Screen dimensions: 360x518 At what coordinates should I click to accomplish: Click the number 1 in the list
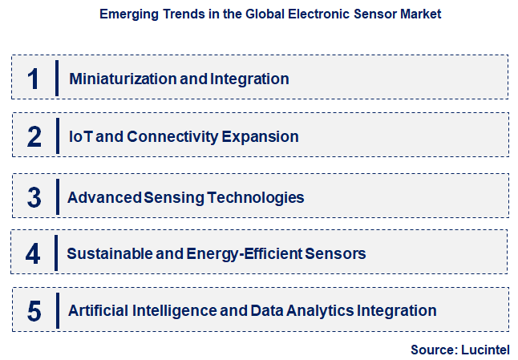(x=33, y=79)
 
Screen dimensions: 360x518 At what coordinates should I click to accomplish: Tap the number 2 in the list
(x=33, y=136)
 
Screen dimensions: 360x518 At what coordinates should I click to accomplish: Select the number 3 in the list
(x=33, y=197)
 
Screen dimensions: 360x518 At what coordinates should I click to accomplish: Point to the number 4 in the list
(x=33, y=254)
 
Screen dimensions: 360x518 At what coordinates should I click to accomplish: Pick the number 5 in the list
(x=33, y=311)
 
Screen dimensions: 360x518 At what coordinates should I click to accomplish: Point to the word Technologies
(x=254, y=197)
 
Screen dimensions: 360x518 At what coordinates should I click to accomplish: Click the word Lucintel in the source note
(x=484, y=350)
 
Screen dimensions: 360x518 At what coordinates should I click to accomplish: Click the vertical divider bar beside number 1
(x=57, y=79)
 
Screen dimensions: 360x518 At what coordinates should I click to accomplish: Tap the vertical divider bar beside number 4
(x=56, y=254)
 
